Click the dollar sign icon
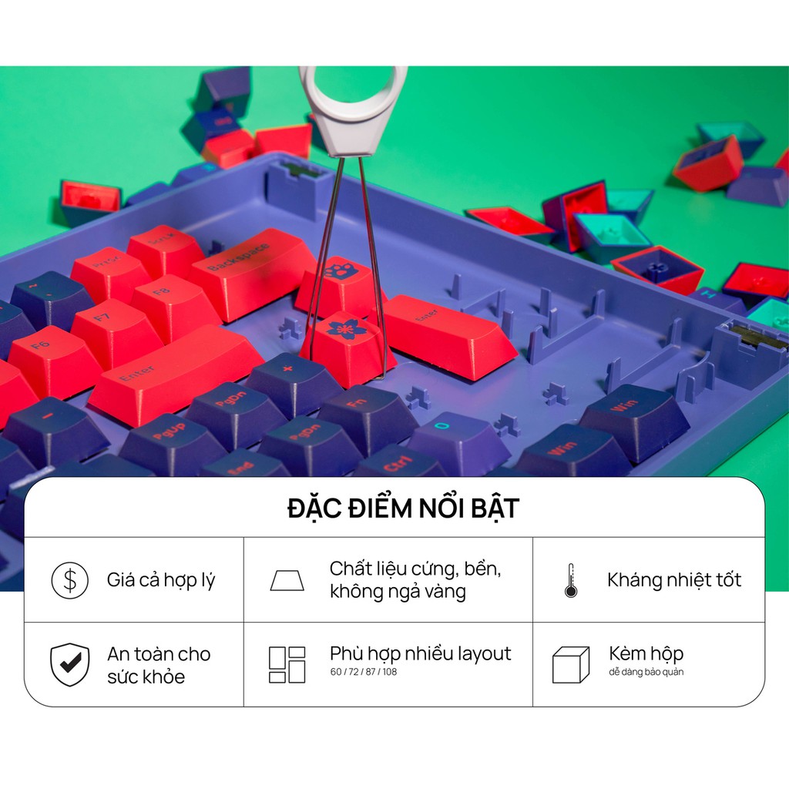[x=69, y=580]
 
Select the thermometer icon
[x=571, y=580]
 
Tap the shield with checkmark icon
[x=69, y=664]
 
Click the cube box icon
[x=570, y=664]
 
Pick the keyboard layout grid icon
[x=287, y=664]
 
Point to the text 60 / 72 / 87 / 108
[x=364, y=672]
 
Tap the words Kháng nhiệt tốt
[x=673, y=580]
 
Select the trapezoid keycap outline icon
[x=287, y=580]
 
